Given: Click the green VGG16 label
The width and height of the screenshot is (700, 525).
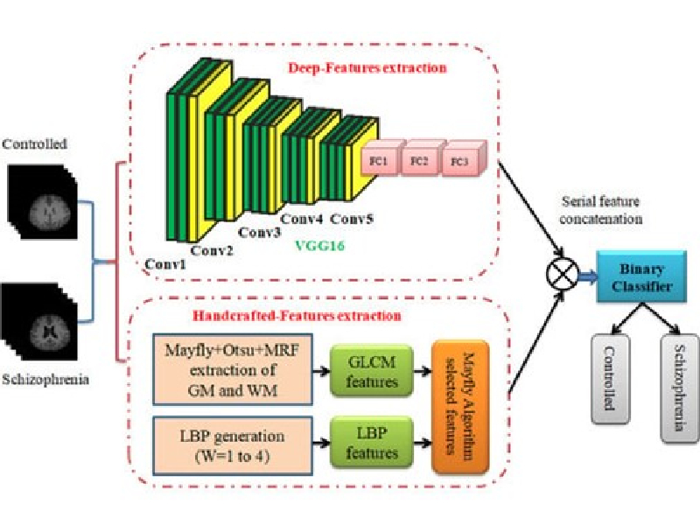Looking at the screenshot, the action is pyautogui.click(x=319, y=245).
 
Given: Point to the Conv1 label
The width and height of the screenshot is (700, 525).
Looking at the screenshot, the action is pyautogui.click(x=165, y=264).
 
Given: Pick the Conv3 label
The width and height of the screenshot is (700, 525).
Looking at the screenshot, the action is pyautogui.click(x=259, y=232).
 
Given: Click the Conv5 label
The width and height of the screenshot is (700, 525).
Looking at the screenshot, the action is pyautogui.click(x=352, y=219).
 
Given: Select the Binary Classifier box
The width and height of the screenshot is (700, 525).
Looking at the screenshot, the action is pyautogui.click(x=641, y=276).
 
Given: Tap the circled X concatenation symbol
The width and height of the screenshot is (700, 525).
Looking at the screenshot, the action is pyautogui.click(x=563, y=273).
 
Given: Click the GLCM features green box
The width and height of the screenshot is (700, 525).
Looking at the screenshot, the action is pyautogui.click(x=371, y=371).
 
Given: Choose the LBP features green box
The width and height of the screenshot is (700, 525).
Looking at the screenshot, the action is pyautogui.click(x=371, y=443).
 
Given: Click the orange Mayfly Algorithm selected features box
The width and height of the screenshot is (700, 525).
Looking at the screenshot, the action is pyautogui.click(x=460, y=407).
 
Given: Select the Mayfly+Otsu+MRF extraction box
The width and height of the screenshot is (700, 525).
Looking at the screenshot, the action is pyautogui.click(x=233, y=369).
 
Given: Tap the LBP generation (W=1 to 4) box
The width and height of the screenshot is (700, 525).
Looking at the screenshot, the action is pyautogui.click(x=233, y=445).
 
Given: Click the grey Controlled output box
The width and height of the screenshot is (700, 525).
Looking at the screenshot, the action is pyautogui.click(x=610, y=379).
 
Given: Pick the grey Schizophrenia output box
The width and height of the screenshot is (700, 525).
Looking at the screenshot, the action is pyautogui.click(x=680, y=388).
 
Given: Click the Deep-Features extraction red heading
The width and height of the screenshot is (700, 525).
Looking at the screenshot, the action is pyautogui.click(x=367, y=68).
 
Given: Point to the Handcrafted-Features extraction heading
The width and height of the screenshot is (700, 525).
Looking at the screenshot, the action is pyautogui.click(x=297, y=316).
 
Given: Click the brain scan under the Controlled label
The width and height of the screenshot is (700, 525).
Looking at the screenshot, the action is pyautogui.click(x=42, y=201).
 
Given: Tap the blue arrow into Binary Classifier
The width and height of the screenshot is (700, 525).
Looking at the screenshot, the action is pyautogui.click(x=587, y=276).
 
